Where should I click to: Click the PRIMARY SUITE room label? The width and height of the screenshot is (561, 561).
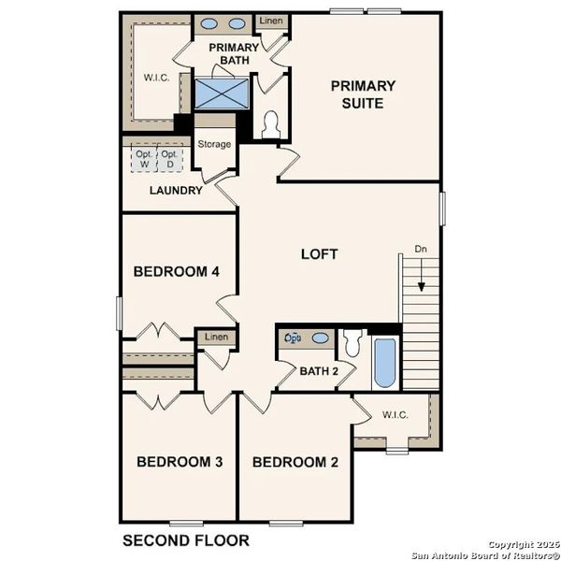363,94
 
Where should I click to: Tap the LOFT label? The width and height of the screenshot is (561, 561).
319,253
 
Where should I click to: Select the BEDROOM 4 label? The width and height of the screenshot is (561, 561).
177,272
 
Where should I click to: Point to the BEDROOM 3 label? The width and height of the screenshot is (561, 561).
180,462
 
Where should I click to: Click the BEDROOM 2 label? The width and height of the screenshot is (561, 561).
295,462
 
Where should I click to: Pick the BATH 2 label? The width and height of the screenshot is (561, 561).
319,371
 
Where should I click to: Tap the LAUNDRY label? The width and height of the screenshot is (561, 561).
176,191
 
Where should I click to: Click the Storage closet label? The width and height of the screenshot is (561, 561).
214,144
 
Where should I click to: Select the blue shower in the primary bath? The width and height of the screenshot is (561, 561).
222,93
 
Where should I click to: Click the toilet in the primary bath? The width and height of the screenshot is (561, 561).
271,124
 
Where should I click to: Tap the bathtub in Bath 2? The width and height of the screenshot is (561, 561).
384,364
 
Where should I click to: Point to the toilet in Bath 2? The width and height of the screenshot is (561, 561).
352,344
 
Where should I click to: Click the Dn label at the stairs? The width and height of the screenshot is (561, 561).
422,250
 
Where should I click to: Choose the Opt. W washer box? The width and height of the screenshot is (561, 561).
144,159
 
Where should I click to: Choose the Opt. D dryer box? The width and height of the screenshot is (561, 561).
168,159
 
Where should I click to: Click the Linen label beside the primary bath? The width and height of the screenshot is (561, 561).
270,20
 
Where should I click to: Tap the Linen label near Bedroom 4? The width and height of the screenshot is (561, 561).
216,337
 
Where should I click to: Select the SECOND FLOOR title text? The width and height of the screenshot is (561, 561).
186,539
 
